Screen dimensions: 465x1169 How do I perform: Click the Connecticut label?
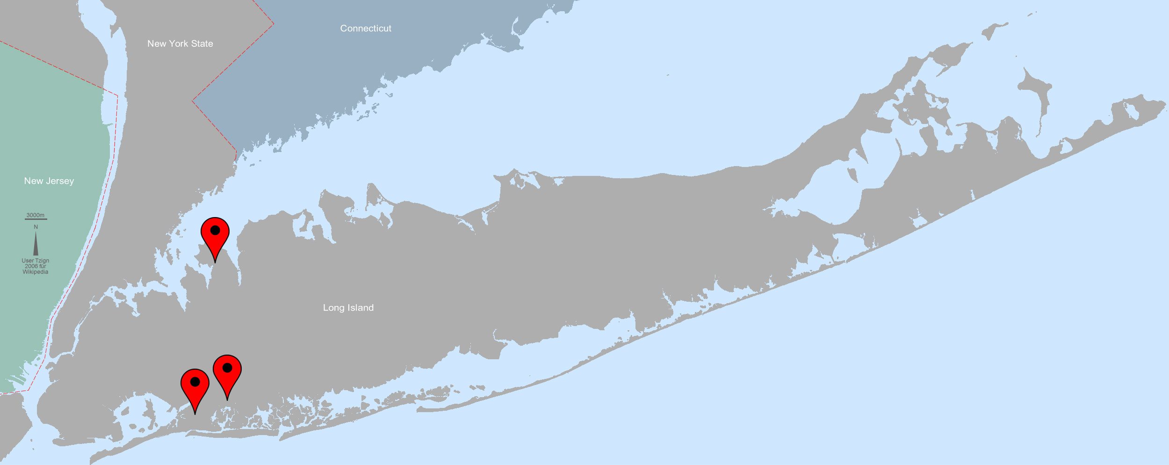366,29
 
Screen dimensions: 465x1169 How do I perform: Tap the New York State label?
180,44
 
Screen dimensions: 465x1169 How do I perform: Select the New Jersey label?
49,181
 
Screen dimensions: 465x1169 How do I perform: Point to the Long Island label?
348,308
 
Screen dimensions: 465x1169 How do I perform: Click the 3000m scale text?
36,215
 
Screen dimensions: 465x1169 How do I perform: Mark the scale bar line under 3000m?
36,219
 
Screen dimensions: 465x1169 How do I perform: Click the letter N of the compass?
36,227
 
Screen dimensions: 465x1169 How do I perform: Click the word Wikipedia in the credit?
36,272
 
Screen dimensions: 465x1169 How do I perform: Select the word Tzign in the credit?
42,261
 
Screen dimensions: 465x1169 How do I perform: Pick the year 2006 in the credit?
31,266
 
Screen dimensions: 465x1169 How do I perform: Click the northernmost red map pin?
215,236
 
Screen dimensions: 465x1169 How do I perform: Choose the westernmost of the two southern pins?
195,388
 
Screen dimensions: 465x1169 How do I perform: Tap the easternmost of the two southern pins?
227,374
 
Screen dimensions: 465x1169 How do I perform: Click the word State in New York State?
202,44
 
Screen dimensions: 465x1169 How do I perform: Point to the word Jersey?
60,181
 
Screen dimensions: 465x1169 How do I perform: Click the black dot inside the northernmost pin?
215,230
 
